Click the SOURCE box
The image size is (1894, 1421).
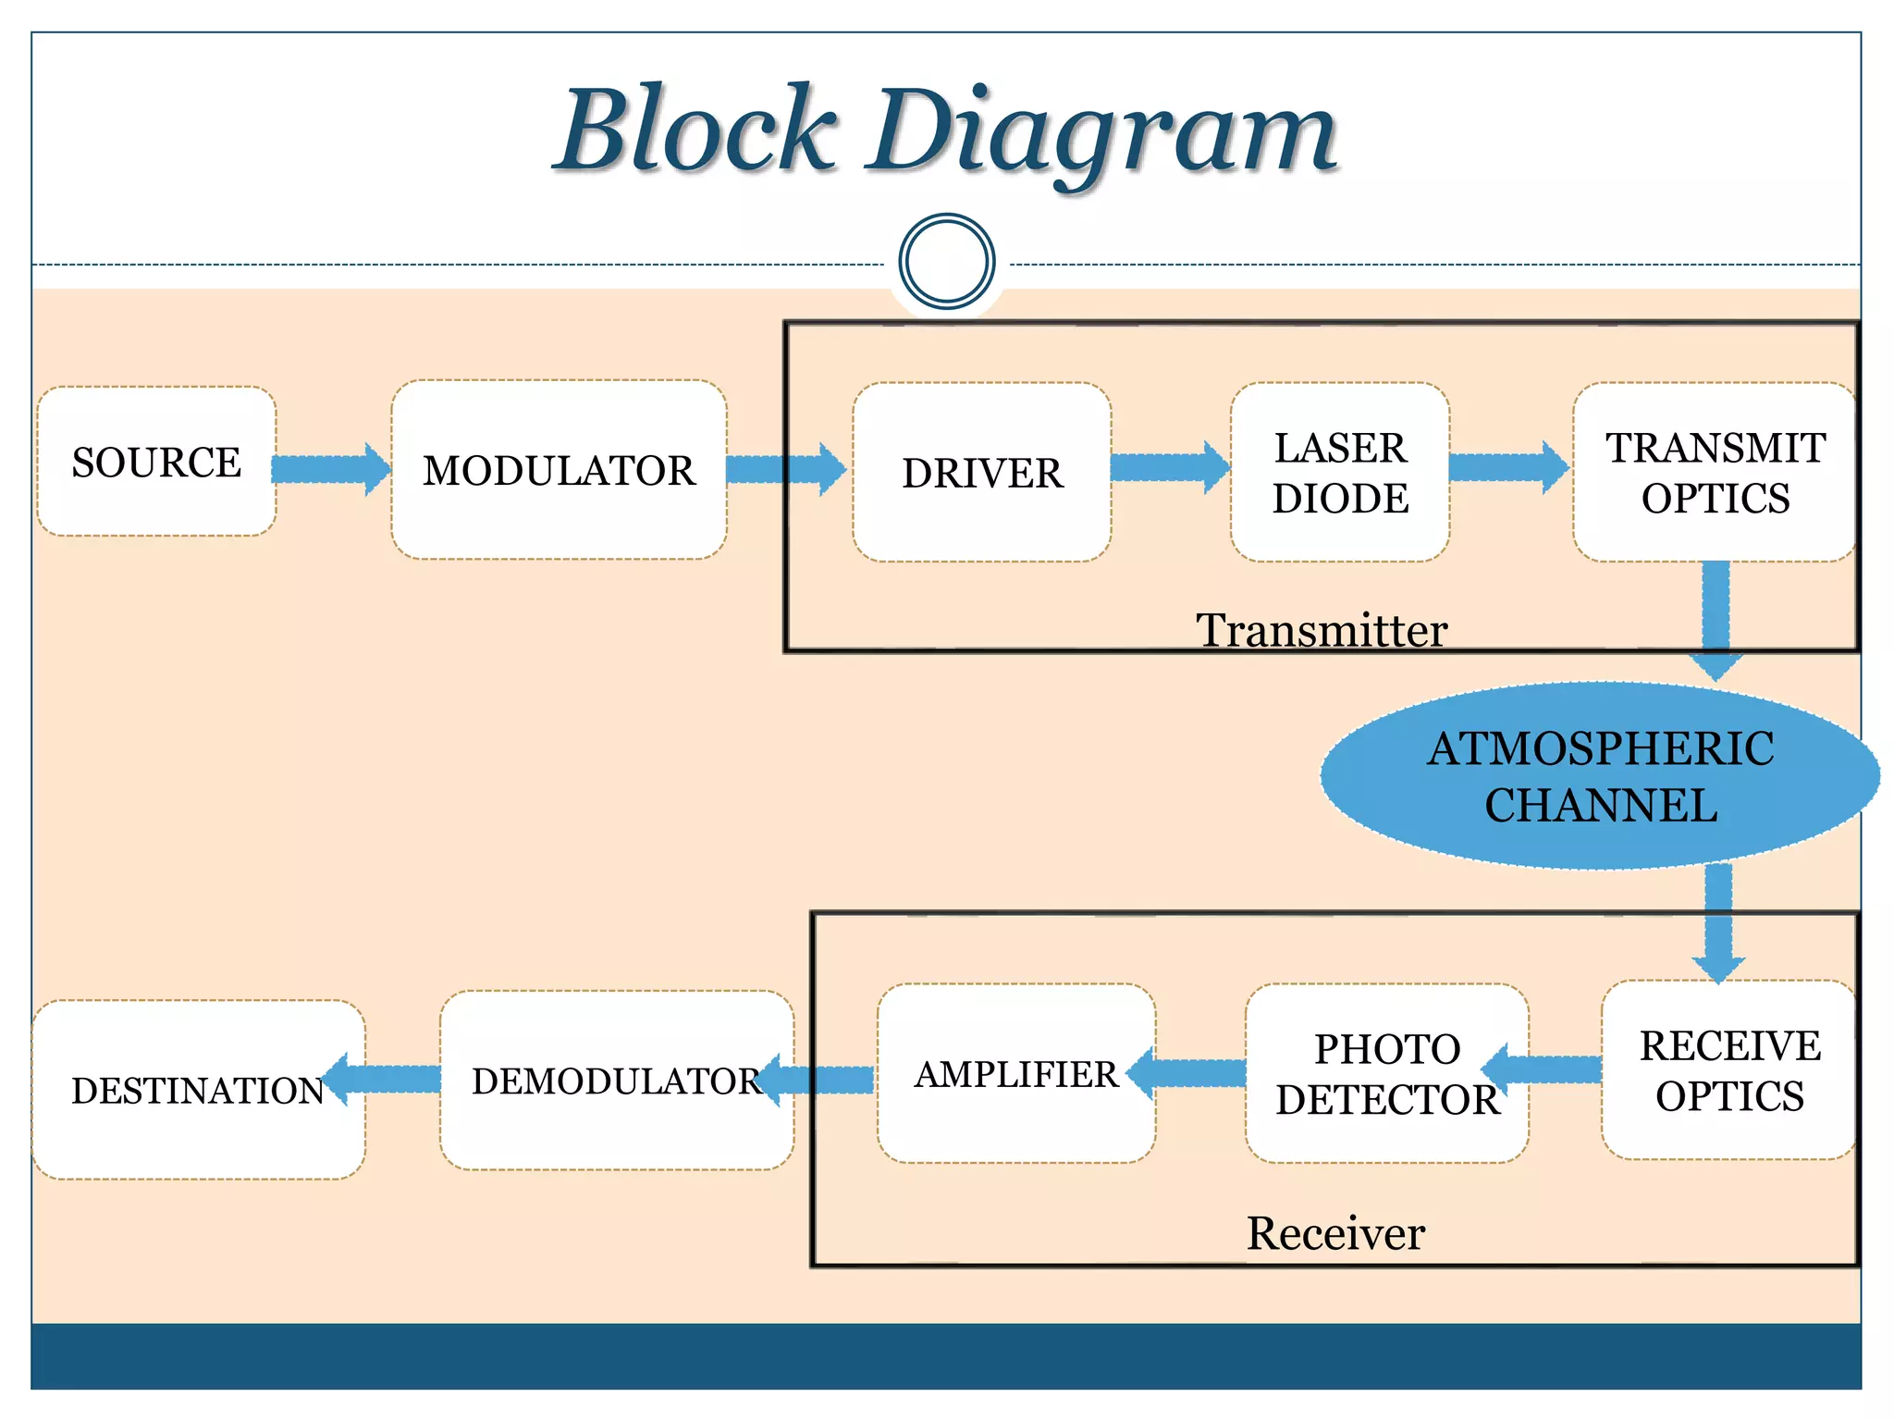point(156,462)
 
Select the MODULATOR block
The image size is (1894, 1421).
point(559,470)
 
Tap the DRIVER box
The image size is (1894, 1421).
point(981,473)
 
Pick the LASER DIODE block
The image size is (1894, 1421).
point(1339,473)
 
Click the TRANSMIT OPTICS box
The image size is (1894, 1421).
point(1715,473)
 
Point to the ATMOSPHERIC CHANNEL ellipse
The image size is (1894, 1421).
point(1600,776)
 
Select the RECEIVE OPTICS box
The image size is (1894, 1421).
point(1728,1070)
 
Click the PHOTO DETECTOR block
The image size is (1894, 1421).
point(1386,1074)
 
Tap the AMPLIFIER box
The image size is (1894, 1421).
point(1015,1074)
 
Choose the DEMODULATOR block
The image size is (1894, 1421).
point(616,1081)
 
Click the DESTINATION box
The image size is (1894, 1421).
point(198,1090)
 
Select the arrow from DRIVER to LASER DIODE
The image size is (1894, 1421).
point(1169,467)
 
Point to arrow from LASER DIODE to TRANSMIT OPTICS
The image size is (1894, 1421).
point(1507,467)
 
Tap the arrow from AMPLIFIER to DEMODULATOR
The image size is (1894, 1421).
point(818,1080)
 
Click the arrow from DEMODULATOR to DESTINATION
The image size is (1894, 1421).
point(384,1079)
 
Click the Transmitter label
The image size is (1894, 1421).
point(1321,631)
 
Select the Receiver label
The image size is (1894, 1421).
point(1335,1233)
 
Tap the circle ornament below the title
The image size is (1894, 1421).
point(946,262)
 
